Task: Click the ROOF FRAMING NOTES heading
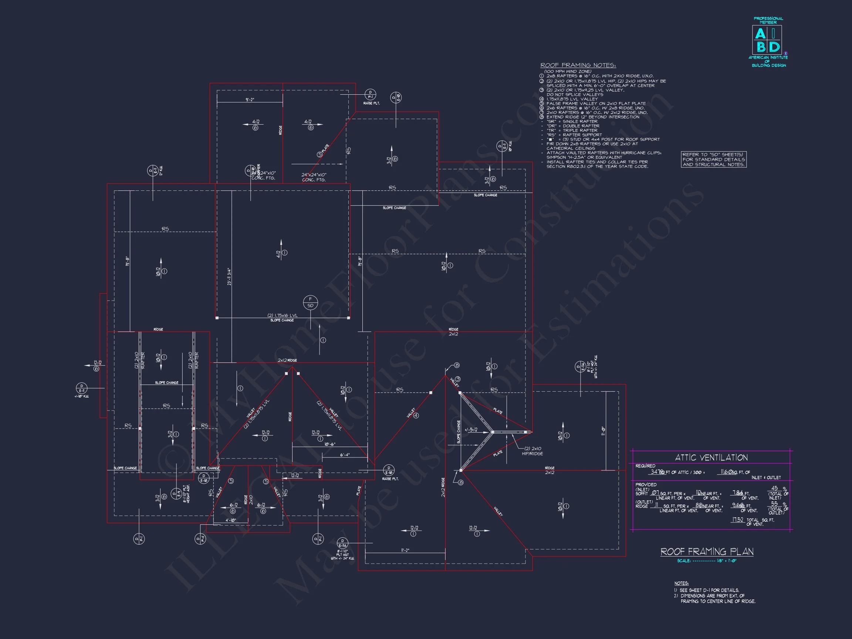click(x=578, y=65)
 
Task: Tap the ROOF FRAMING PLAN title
click(x=707, y=552)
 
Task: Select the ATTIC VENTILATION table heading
click(x=711, y=457)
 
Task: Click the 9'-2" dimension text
click(x=250, y=100)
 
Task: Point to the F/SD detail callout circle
click(x=311, y=302)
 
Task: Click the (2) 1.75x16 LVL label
click(x=282, y=315)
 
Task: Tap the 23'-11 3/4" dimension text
click(x=230, y=277)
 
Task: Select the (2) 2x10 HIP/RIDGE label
click(x=533, y=451)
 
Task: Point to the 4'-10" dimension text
click(x=231, y=520)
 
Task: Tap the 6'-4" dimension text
click(x=345, y=455)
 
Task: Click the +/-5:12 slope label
click(x=471, y=430)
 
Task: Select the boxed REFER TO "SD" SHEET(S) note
click(x=713, y=159)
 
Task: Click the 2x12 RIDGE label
click(x=287, y=360)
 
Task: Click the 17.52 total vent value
click(x=737, y=520)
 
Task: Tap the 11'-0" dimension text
click(x=603, y=430)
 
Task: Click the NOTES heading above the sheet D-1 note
click(x=682, y=583)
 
